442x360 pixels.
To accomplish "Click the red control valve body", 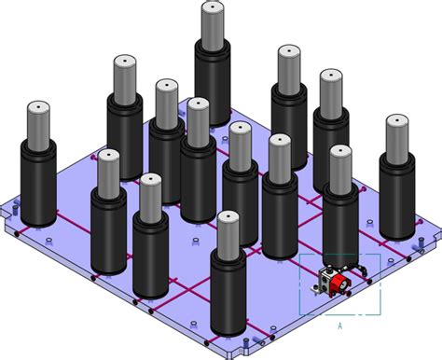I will (x=342, y=280).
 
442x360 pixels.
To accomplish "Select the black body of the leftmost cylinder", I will (x=39, y=187).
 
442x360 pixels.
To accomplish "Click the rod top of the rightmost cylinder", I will (x=397, y=124).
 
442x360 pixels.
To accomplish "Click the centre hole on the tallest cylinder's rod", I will (x=213, y=7).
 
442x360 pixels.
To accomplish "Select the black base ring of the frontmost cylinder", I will (x=229, y=329).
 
